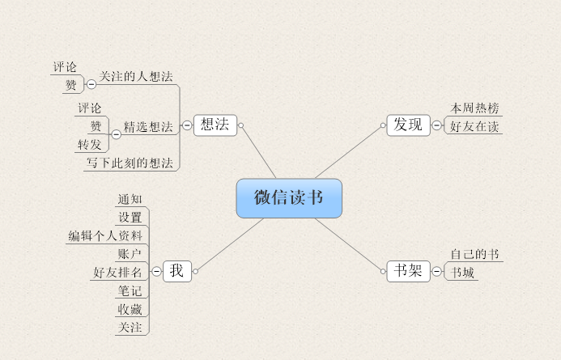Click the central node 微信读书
(289, 198)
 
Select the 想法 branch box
(215, 125)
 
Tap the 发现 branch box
(408, 125)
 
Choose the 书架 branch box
(408, 271)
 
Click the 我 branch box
(176, 271)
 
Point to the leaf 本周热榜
(474, 108)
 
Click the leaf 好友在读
(474, 126)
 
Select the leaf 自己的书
(474, 254)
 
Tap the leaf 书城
(463, 273)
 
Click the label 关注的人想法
(136, 76)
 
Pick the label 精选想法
(147, 126)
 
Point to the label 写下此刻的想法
(130, 163)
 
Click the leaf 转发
(89, 145)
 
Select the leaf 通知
(130, 199)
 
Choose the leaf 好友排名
(117, 272)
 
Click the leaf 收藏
(130, 309)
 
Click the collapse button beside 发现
(437, 125)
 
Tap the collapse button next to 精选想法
(116, 134)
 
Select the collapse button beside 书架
(437, 272)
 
